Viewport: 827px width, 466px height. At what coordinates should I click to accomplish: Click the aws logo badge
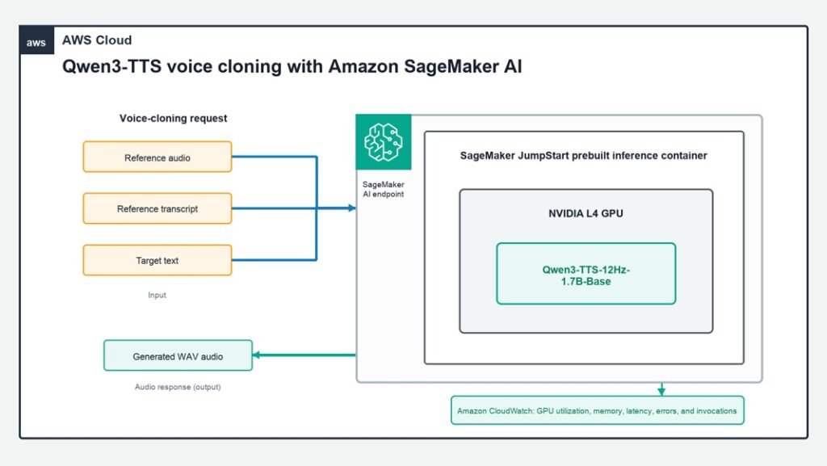pyautogui.click(x=36, y=40)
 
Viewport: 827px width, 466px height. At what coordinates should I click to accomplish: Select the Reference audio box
pyautogui.click(x=157, y=157)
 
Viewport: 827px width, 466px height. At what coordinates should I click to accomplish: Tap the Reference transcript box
pyautogui.click(x=157, y=208)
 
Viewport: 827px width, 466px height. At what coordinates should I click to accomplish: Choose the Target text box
pyautogui.click(x=157, y=260)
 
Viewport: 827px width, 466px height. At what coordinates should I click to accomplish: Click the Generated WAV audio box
pyautogui.click(x=178, y=356)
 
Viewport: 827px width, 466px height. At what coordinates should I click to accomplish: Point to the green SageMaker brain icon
pyautogui.click(x=384, y=142)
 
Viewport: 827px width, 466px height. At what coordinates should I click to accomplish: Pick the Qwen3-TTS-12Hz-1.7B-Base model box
pyautogui.click(x=586, y=274)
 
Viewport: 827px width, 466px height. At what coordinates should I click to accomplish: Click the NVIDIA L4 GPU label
pyautogui.click(x=586, y=213)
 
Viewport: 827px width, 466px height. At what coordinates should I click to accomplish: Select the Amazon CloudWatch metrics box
pyautogui.click(x=597, y=410)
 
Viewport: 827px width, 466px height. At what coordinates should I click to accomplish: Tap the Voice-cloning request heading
pyautogui.click(x=173, y=118)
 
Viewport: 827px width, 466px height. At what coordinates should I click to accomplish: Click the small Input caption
pyautogui.click(x=157, y=296)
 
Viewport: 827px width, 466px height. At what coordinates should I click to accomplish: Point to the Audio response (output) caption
pyautogui.click(x=177, y=387)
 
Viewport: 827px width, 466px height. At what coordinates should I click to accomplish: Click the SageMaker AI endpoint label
pyautogui.click(x=383, y=189)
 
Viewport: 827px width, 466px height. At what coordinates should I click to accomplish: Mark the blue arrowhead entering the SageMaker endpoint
pyautogui.click(x=352, y=208)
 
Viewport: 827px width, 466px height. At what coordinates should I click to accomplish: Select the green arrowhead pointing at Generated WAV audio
pyautogui.click(x=257, y=355)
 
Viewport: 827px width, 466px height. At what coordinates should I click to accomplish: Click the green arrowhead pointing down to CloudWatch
pyautogui.click(x=661, y=391)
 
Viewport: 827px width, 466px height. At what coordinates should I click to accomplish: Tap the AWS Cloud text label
pyautogui.click(x=97, y=40)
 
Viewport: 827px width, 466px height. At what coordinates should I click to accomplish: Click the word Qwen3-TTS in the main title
pyautogui.click(x=111, y=67)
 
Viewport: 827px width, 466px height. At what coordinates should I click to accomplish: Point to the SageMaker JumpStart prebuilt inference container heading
pyautogui.click(x=583, y=156)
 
